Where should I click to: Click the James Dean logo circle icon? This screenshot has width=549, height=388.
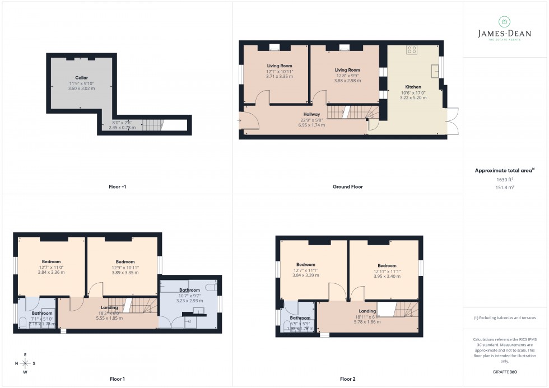(504, 22)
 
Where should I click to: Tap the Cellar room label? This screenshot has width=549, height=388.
(82, 78)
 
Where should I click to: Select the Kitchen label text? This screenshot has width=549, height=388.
(413, 87)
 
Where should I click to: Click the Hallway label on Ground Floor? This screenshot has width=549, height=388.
(312, 114)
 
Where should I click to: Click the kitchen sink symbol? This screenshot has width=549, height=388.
(434, 71)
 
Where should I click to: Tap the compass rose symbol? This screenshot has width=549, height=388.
(25, 363)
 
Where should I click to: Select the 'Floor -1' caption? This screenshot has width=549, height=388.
(117, 186)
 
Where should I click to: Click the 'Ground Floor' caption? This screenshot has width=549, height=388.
(348, 186)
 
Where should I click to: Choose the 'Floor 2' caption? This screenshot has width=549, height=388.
(347, 379)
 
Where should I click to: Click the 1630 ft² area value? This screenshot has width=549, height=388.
(505, 179)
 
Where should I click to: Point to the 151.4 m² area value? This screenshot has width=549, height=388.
(505, 189)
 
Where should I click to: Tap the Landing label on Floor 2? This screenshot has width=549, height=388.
(367, 311)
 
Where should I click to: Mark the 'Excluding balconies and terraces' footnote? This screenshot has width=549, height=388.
(505, 317)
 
